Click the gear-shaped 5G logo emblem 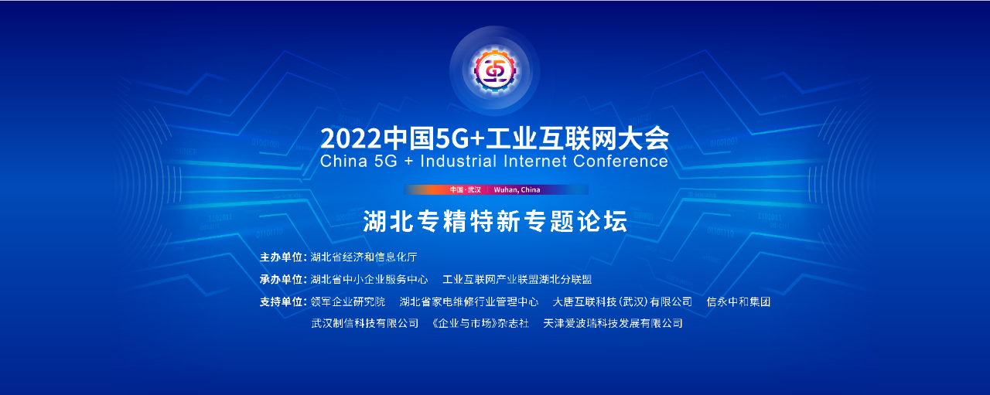tap(494, 70)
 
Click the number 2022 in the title tap(350, 138)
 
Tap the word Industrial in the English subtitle tap(459, 162)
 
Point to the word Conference tap(620, 162)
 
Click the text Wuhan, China tap(517, 190)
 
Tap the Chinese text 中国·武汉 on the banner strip tap(466, 190)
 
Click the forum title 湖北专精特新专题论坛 tap(495, 221)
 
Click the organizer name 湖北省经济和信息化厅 tap(364, 257)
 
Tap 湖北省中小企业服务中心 tap(369, 279)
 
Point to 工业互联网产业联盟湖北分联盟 tap(517, 279)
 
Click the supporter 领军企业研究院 tap(348, 301)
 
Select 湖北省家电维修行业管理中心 tap(469, 301)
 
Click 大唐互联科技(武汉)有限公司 tap(623, 301)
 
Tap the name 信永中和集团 tap(739, 301)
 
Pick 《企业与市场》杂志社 tap(480, 323)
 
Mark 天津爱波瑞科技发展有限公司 tap(613, 323)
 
